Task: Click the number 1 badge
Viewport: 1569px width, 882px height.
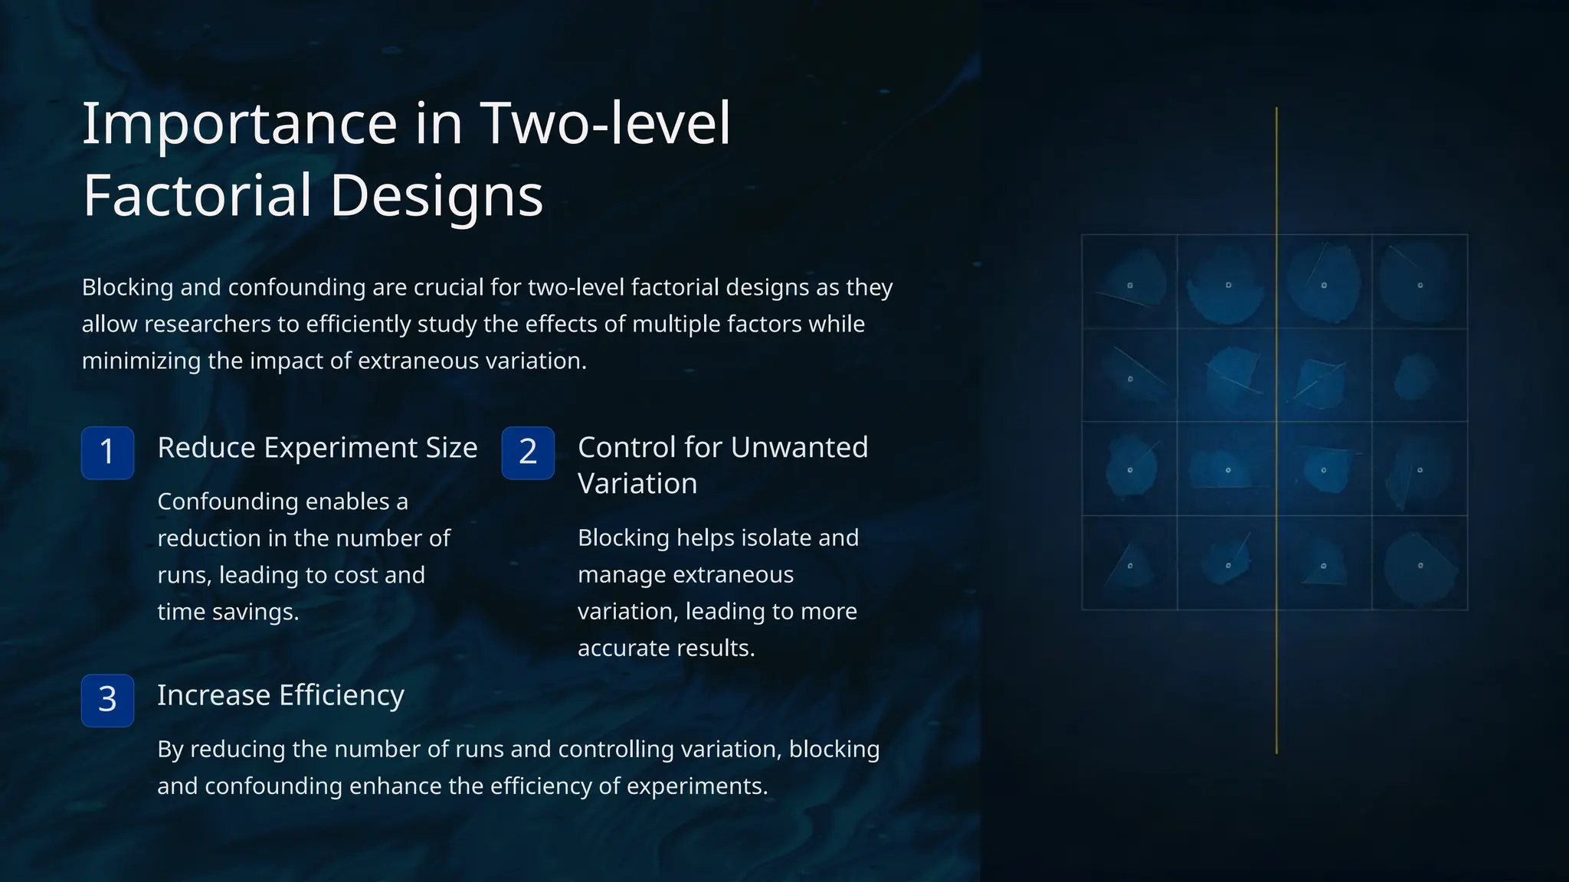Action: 107,452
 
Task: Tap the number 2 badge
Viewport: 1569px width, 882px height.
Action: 528,452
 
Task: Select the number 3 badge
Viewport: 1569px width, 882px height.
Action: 107,700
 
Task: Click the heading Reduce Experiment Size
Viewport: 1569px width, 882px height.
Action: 317,447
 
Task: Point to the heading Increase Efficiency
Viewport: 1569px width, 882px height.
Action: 280,695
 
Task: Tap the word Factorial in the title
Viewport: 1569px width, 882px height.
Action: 197,195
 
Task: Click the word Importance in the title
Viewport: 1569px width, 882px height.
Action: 239,123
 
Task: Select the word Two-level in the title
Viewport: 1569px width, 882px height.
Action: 605,123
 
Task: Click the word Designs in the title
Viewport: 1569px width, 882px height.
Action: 437,195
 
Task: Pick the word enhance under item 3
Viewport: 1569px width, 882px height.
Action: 398,786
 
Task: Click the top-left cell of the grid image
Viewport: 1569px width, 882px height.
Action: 1129,282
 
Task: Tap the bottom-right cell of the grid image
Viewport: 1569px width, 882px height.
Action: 1420,563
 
